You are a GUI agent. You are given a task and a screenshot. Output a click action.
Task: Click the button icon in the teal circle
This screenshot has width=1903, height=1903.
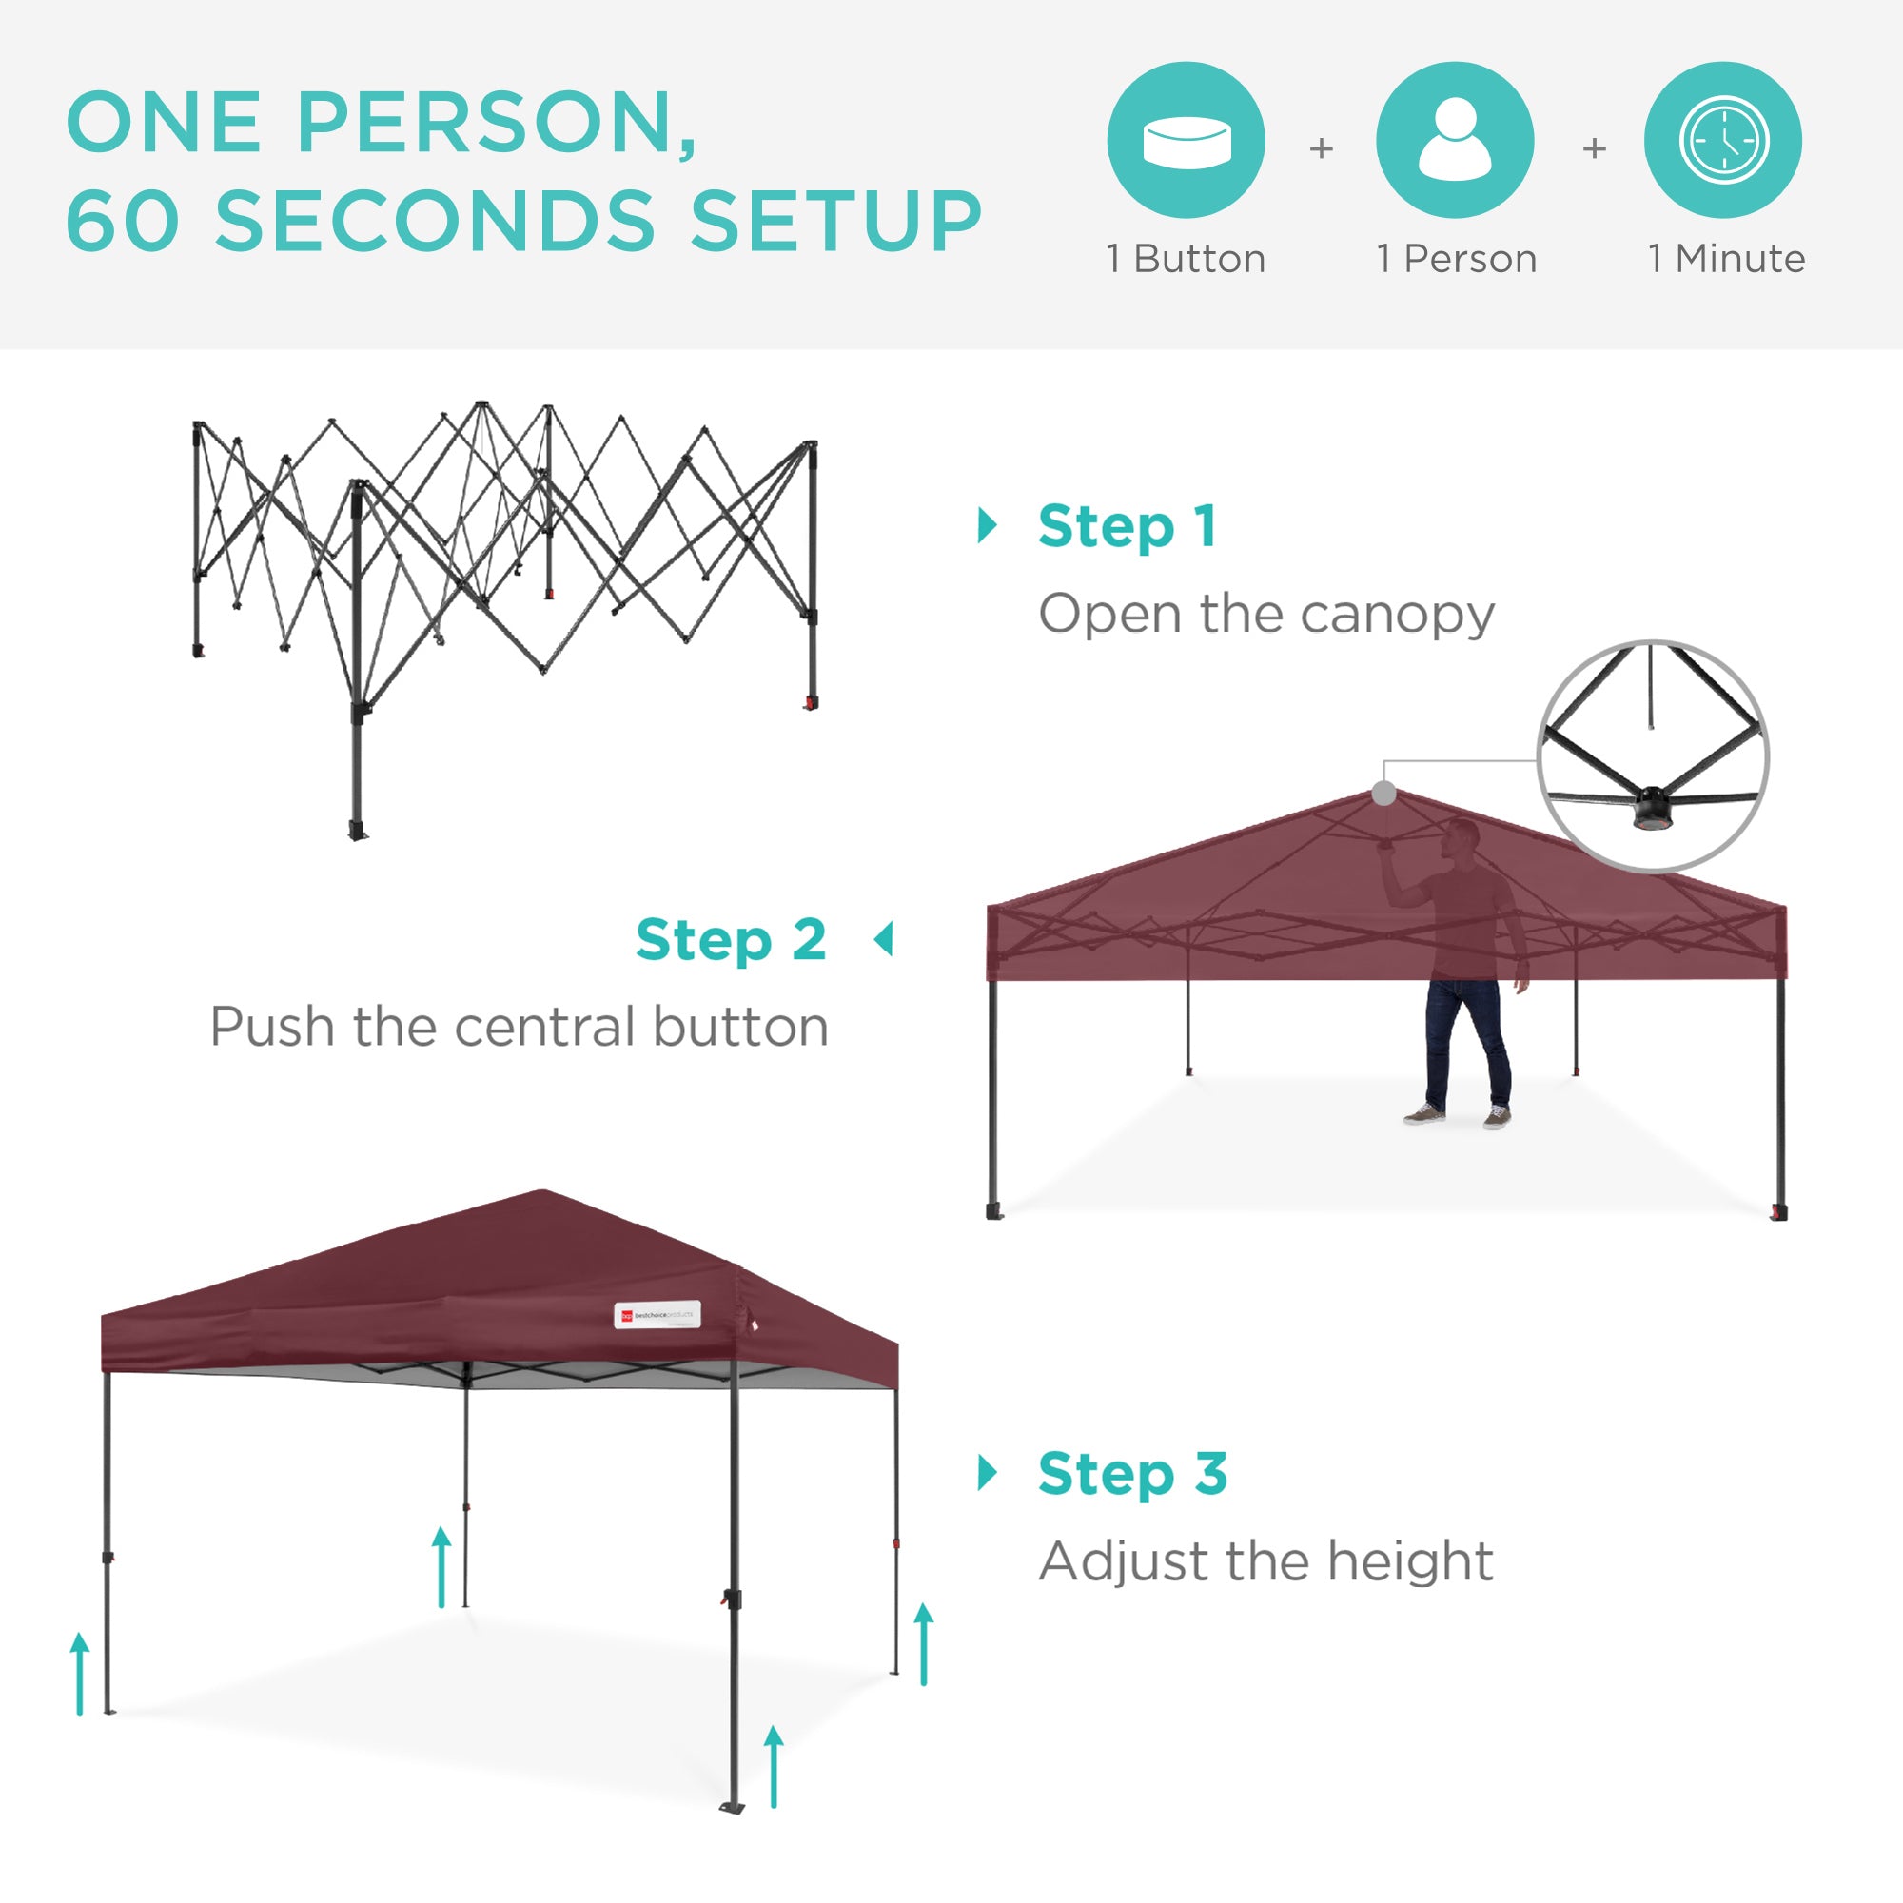(1186, 140)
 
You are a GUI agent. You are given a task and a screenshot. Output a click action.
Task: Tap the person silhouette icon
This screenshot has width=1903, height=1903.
(1455, 140)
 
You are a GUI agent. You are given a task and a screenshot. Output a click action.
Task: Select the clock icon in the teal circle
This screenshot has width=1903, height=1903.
(1724, 140)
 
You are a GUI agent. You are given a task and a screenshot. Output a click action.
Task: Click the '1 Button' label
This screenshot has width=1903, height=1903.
(1186, 259)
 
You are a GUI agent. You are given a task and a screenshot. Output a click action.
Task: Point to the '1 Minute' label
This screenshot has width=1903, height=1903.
(1727, 259)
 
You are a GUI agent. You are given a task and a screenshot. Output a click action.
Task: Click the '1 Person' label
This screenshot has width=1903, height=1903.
(1456, 259)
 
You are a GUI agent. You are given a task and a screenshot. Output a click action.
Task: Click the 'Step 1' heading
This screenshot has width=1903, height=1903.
(1127, 526)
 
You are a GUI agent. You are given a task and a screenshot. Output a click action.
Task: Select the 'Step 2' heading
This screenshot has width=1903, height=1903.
(731, 940)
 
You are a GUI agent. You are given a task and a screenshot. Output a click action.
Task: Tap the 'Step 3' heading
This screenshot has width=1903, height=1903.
(1132, 1474)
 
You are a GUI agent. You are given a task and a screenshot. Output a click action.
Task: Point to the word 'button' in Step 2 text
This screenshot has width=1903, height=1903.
(739, 1028)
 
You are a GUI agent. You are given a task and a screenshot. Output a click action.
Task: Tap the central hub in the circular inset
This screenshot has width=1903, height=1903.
(1651, 806)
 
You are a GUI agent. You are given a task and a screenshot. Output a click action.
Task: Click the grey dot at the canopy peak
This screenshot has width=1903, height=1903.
(1383, 793)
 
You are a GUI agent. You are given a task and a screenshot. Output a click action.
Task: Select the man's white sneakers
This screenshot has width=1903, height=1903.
(1457, 1116)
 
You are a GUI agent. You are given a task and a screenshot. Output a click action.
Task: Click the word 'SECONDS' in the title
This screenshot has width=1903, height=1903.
(435, 220)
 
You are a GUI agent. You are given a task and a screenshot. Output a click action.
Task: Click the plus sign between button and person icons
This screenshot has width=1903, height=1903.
(1321, 148)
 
